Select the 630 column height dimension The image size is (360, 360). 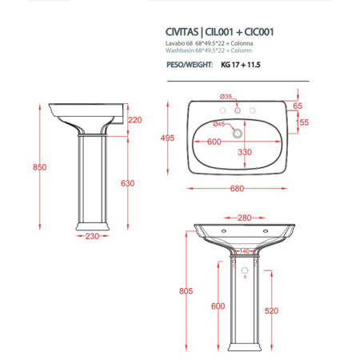click(128, 183)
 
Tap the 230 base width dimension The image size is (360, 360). click(94, 236)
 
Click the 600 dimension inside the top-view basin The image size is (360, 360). click(213, 142)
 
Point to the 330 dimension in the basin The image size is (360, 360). click(245, 152)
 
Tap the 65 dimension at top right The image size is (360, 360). click(297, 106)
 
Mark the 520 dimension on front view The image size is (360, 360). click(293, 310)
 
